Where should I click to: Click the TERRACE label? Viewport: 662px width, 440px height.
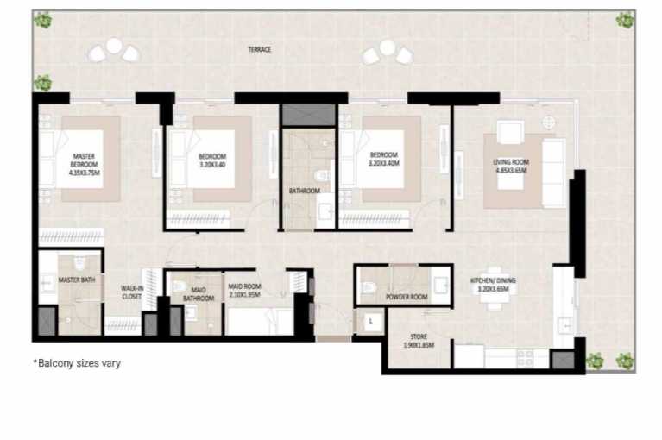[259, 50]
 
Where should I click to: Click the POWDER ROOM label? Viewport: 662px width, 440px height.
[407, 296]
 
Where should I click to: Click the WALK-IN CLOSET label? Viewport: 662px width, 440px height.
[131, 292]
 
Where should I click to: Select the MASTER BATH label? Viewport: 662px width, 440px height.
[76, 280]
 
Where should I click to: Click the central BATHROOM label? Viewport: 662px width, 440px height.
[305, 192]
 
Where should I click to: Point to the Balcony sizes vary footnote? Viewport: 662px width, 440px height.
[77, 363]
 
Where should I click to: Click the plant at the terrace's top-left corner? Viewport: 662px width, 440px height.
[42, 20]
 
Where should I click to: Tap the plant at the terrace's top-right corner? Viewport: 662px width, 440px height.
[624, 19]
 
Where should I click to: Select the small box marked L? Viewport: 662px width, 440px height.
[369, 320]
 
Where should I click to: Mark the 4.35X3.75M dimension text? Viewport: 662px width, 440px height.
[85, 173]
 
